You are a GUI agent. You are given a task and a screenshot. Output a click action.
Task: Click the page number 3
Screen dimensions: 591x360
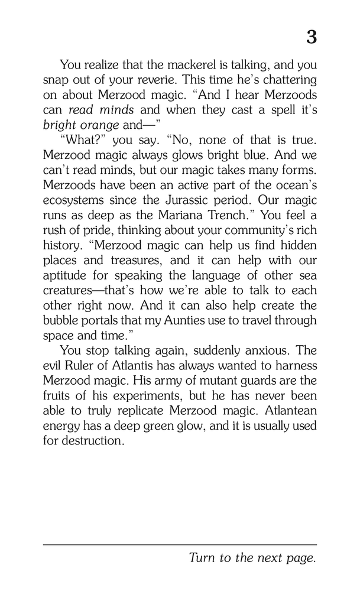[311, 38]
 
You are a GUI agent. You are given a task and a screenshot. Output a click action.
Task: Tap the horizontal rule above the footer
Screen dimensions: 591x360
[180, 544]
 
